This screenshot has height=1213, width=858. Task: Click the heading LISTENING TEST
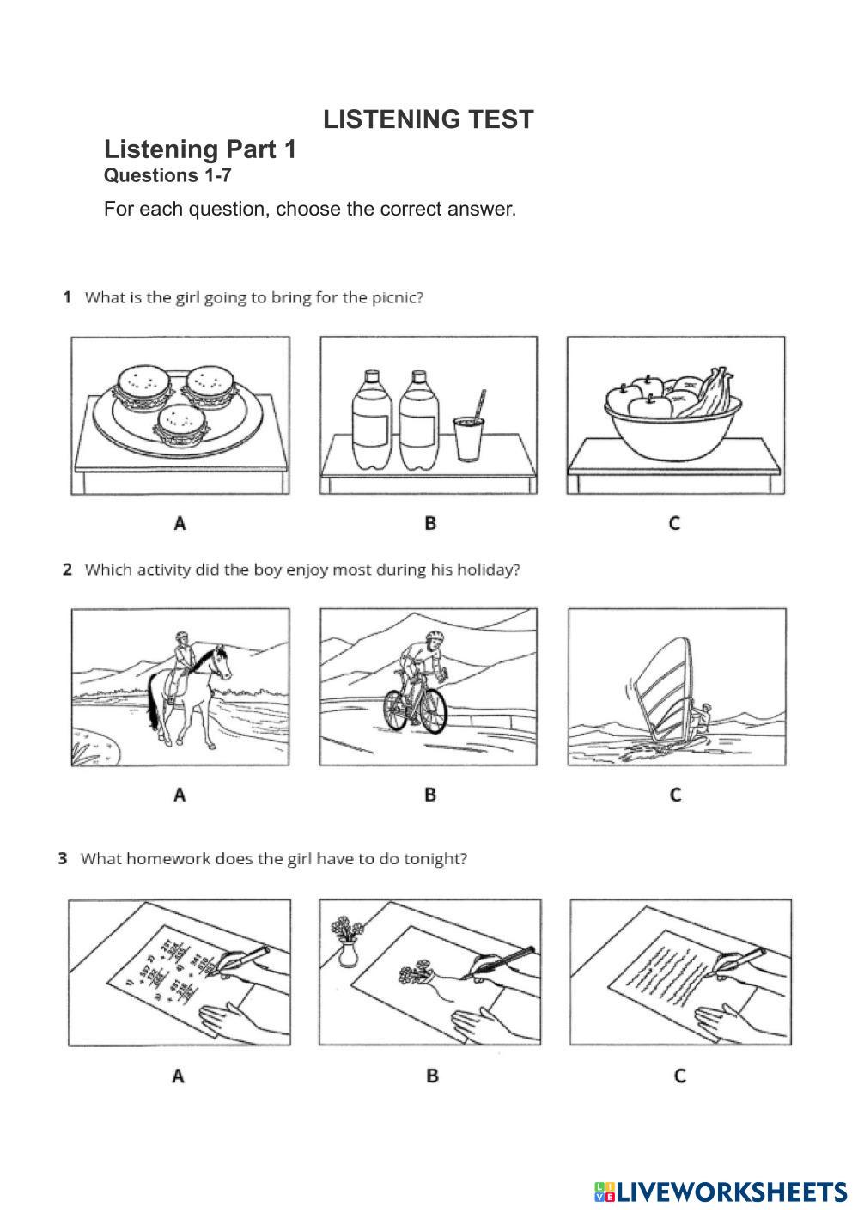428,119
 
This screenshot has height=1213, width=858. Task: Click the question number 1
66,297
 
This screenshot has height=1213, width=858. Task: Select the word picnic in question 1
397,298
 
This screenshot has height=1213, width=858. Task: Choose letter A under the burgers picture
180,522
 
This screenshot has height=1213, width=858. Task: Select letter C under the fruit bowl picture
674,522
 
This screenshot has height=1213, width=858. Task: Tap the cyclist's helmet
435,637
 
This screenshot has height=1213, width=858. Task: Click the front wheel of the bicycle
433,709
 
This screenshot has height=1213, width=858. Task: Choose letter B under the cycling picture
430,795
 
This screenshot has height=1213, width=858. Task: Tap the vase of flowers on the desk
347,940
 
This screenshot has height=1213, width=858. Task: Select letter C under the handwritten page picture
679,1075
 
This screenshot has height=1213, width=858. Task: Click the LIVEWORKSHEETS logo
720,1192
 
